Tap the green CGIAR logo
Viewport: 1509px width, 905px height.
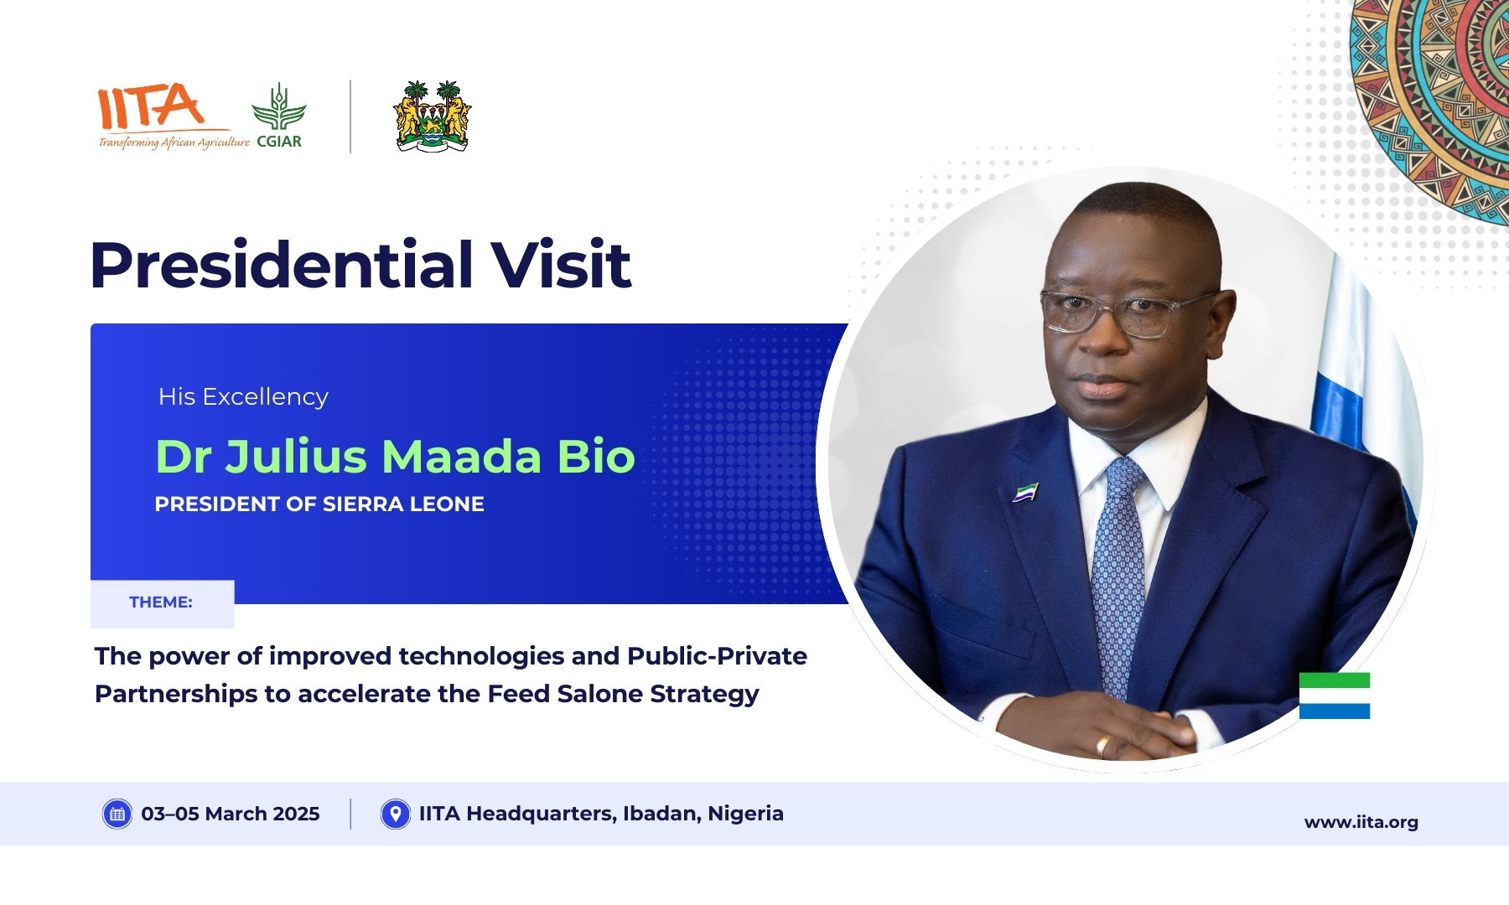[279, 116]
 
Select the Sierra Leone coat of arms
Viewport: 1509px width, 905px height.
[433, 116]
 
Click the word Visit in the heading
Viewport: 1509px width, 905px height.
[560, 265]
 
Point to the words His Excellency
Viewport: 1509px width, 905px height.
[243, 396]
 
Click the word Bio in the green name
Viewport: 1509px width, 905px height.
[596, 457]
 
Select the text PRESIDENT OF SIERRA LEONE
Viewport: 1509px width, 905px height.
[319, 504]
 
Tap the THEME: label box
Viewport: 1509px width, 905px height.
[162, 603]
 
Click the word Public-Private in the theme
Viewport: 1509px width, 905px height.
[717, 656]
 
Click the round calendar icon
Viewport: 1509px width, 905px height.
[117, 814]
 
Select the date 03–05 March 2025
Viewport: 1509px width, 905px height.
[231, 814]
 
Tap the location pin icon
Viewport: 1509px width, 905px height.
[396, 814]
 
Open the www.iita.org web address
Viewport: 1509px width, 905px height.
[1361, 822]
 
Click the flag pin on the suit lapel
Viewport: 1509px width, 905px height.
[1025, 492]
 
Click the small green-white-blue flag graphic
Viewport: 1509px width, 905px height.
[1335, 696]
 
